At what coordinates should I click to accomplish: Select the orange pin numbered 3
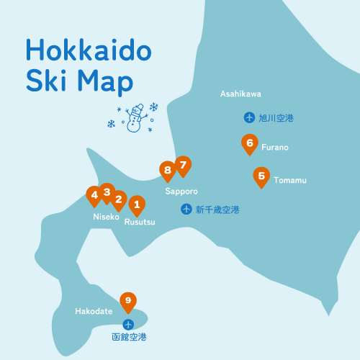(x=107, y=192)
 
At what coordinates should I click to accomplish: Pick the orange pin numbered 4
(x=94, y=195)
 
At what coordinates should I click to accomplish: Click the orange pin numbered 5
(x=261, y=176)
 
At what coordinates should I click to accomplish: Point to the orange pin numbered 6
(x=249, y=144)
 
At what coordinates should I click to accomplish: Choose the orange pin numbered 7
(x=183, y=166)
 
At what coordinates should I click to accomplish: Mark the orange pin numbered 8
(x=168, y=171)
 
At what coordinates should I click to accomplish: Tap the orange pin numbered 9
(x=128, y=301)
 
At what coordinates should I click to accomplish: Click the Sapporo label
(x=181, y=192)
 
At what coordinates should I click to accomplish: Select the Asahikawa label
(x=240, y=94)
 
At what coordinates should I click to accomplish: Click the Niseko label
(x=106, y=217)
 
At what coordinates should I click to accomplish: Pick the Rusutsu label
(x=140, y=222)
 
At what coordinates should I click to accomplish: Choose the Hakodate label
(x=94, y=312)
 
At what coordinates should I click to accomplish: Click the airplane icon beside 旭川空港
(x=249, y=117)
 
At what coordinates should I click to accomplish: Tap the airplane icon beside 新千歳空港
(x=186, y=210)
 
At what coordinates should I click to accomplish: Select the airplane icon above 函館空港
(x=128, y=324)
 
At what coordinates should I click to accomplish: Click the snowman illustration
(x=133, y=118)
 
